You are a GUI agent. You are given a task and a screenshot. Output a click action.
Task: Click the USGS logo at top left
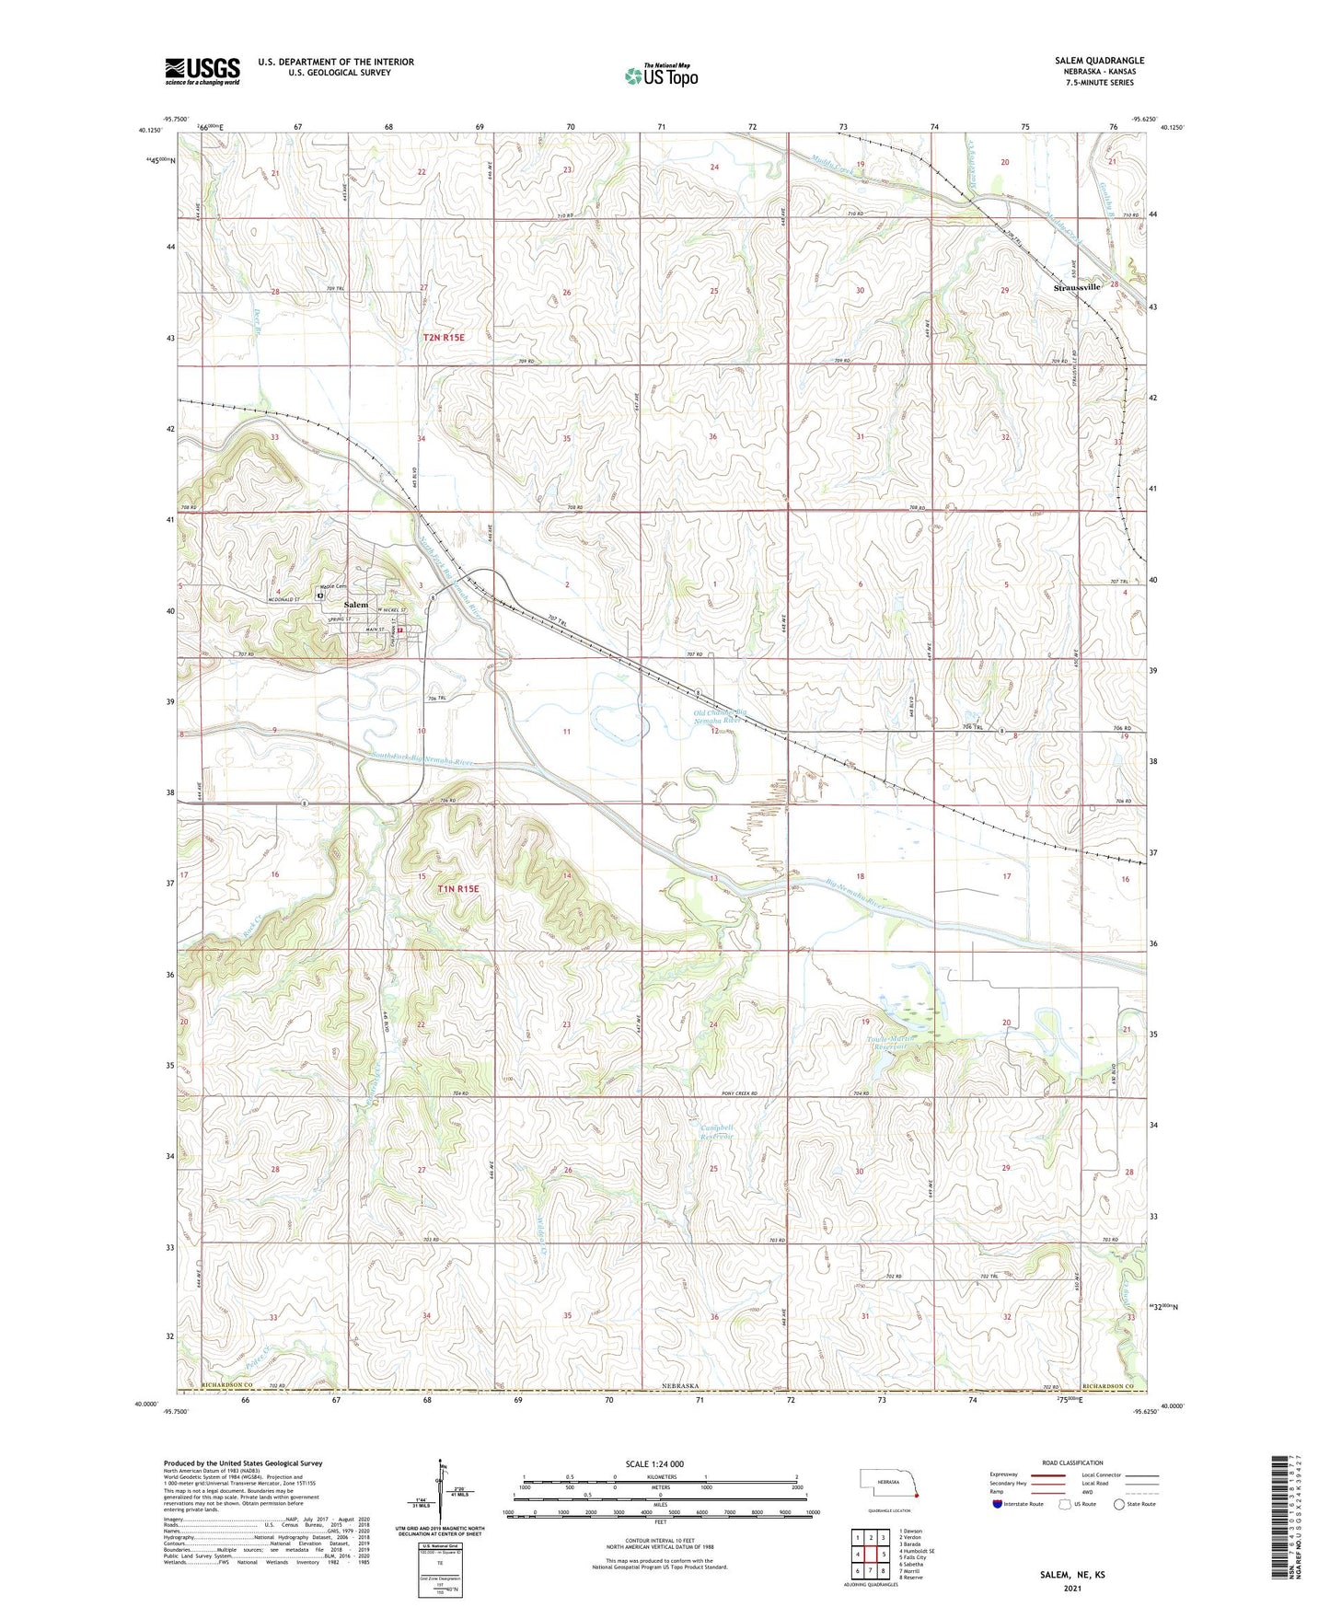pos(202,70)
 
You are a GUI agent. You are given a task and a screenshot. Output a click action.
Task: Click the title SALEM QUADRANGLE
pos(1093,61)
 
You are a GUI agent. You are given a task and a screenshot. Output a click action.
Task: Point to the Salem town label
pos(355,605)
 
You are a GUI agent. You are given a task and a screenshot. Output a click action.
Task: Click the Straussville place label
pos(1076,287)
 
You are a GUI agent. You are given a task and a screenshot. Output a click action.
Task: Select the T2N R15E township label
pos(444,338)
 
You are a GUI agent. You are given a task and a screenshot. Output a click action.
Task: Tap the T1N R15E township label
pos(458,889)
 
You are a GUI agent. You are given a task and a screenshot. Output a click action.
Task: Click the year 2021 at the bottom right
pos(1071,1588)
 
